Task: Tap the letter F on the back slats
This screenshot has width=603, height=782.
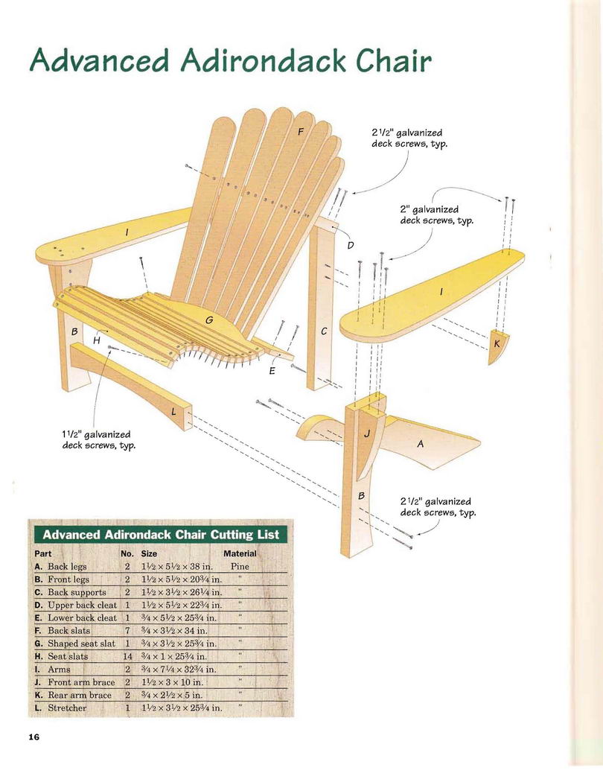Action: click(301, 132)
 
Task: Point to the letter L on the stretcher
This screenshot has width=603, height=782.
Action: click(173, 412)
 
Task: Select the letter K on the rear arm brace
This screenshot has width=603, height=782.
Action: click(497, 343)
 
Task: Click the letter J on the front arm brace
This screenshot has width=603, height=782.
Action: click(367, 433)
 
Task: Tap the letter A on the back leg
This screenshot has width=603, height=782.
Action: click(420, 443)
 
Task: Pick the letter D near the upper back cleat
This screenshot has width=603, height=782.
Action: click(351, 245)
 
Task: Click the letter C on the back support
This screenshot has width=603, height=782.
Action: click(324, 331)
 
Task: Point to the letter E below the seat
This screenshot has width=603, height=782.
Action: click(272, 371)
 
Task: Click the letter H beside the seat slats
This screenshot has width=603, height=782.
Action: click(97, 340)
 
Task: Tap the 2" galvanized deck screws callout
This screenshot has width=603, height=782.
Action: click(436, 215)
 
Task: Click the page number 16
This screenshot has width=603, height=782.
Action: click(34, 737)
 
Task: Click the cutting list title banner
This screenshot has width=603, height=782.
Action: click(161, 535)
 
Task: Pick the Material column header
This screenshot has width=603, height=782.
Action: click(240, 553)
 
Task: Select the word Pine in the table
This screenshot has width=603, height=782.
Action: click(240, 567)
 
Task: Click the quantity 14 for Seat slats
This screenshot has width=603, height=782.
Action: click(127, 656)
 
